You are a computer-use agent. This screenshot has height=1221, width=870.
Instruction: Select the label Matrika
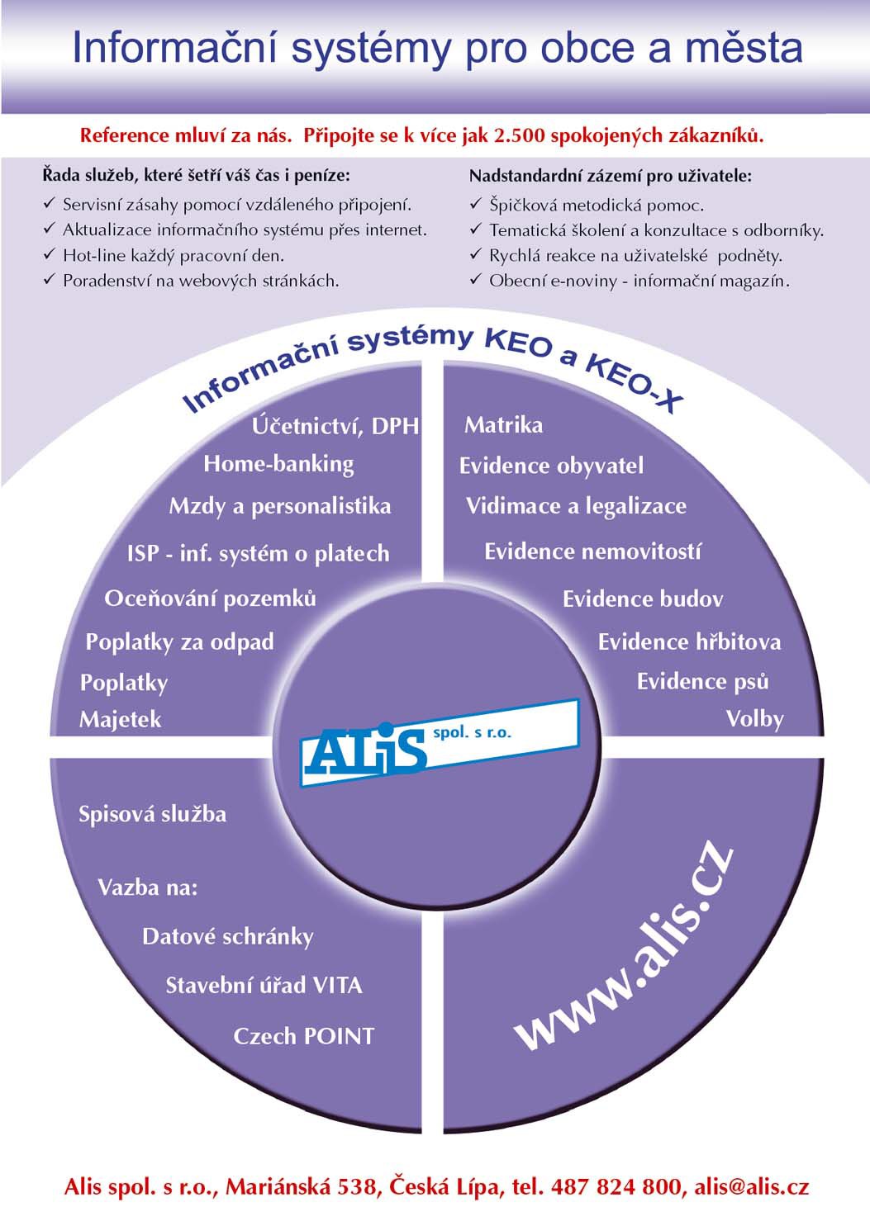pos(503,425)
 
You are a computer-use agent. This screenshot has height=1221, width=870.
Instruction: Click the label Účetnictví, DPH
pos(335,426)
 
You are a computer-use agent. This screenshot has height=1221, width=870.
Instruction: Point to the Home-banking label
pos(278,465)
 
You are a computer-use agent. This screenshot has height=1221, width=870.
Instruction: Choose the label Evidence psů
pos(703,682)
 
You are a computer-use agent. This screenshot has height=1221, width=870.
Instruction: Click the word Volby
pos(755,720)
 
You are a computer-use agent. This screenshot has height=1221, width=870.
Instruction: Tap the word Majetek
pos(121,720)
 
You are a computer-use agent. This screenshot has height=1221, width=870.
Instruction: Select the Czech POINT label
pos(304,1036)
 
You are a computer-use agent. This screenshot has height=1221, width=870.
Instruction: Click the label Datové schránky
pos(228,936)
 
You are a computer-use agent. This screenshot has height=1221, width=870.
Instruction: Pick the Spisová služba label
pos(152,814)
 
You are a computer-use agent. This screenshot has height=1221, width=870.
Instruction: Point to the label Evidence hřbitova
pos(689,642)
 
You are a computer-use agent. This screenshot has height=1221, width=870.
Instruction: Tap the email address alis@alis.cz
pos(752,1186)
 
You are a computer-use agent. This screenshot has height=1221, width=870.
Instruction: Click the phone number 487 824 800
pos(616,1186)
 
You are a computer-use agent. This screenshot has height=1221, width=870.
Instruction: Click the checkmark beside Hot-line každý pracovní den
pos(50,254)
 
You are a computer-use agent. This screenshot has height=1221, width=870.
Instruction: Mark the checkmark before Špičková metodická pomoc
pos(476,205)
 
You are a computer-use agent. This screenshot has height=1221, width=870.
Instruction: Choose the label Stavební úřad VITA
pos(264,986)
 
